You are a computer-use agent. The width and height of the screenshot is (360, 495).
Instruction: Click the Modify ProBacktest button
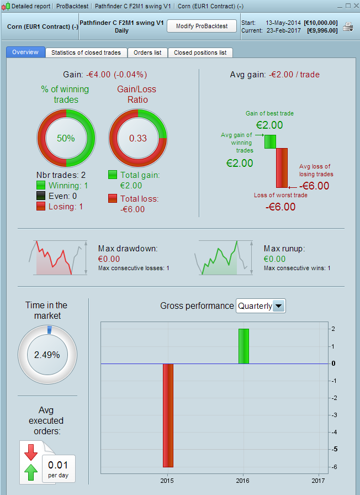click(202, 27)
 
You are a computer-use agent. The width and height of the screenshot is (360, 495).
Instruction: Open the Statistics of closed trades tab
click(86, 52)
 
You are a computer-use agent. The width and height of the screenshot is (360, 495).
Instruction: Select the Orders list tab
click(147, 52)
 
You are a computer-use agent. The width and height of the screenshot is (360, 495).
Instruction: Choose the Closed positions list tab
click(200, 52)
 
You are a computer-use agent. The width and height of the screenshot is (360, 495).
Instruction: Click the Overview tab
click(25, 52)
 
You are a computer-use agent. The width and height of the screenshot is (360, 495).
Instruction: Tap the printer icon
click(348, 27)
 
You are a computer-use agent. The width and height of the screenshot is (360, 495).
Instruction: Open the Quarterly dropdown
click(261, 306)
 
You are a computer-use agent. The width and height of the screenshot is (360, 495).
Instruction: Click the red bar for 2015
click(168, 415)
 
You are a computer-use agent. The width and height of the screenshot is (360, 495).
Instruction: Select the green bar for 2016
click(243, 346)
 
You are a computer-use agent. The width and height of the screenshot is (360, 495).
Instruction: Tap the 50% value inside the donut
click(66, 138)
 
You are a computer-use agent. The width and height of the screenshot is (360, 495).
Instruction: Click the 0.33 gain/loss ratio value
click(137, 138)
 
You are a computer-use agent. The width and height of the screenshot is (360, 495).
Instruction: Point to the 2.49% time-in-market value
click(47, 355)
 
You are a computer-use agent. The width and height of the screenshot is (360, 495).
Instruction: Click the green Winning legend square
click(41, 186)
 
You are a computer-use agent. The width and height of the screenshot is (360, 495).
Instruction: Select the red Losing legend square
click(41, 206)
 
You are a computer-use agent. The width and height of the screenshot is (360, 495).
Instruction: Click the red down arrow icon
click(31, 451)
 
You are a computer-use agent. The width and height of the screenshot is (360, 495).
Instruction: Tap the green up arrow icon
click(31, 471)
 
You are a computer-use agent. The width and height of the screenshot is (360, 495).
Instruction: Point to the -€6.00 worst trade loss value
click(280, 207)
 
